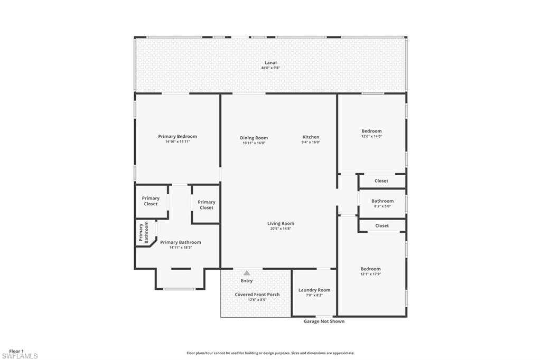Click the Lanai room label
pyautogui.click(x=270, y=62)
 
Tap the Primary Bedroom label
pyautogui.click(x=178, y=136)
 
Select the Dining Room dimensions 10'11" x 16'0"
pyautogui.click(x=254, y=143)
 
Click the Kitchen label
pyautogui.click(x=311, y=137)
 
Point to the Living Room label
pyautogui.click(x=281, y=223)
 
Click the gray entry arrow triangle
pyautogui.click(x=247, y=273)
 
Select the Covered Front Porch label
pyautogui.click(x=257, y=295)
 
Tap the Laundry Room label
pyautogui.click(x=314, y=290)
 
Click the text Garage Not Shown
pyautogui.click(x=324, y=321)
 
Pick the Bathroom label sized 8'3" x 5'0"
pyautogui.click(x=382, y=201)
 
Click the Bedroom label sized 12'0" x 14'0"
pyautogui.click(x=371, y=131)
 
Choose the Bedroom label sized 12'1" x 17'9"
pyautogui.click(x=370, y=269)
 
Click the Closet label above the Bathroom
pyautogui.click(x=381, y=181)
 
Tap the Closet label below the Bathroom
pyautogui.click(x=381, y=225)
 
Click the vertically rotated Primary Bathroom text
pyautogui.click(x=144, y=232)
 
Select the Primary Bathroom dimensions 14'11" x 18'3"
pyautogui.click(x=180, y=248)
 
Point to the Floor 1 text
pyautogui.click(x=16, y=351)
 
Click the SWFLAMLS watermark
pyautogui.click(x=20, y=356)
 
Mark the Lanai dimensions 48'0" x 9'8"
pyautogui.click(x=270, y=68)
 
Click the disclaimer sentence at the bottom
pyautogui.click(x=270, y=353)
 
